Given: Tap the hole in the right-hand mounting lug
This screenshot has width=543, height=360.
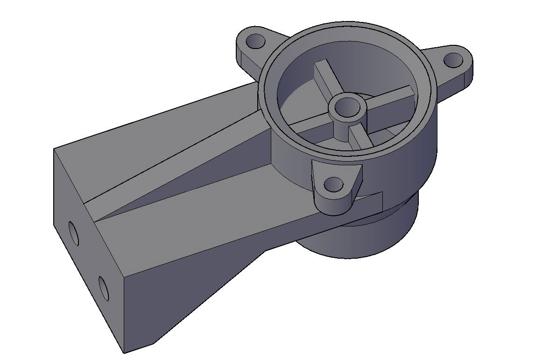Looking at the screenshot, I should pos(452,60).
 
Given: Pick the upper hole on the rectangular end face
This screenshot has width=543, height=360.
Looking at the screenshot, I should pos(73,233).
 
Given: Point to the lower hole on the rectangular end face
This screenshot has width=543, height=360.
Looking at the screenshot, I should pos(103,288).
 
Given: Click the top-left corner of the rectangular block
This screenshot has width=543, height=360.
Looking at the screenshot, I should pos(54,149).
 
